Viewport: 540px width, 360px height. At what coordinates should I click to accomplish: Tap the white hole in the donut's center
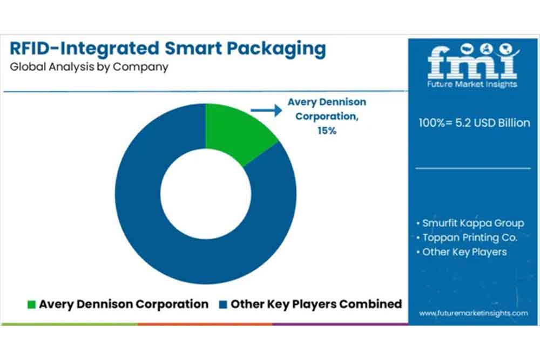click(205, 194)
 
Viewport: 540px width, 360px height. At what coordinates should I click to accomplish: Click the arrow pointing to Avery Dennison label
click(267, 111)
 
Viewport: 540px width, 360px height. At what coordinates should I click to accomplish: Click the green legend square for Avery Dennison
click(31, 304)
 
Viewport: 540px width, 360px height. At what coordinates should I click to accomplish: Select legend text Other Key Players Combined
click(316, 304)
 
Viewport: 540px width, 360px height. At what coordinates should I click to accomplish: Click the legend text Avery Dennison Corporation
click(124, 304)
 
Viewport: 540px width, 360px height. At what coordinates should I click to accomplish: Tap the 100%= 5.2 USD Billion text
click(474, 123)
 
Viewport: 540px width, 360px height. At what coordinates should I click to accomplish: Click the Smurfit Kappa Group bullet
click(470, 223)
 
